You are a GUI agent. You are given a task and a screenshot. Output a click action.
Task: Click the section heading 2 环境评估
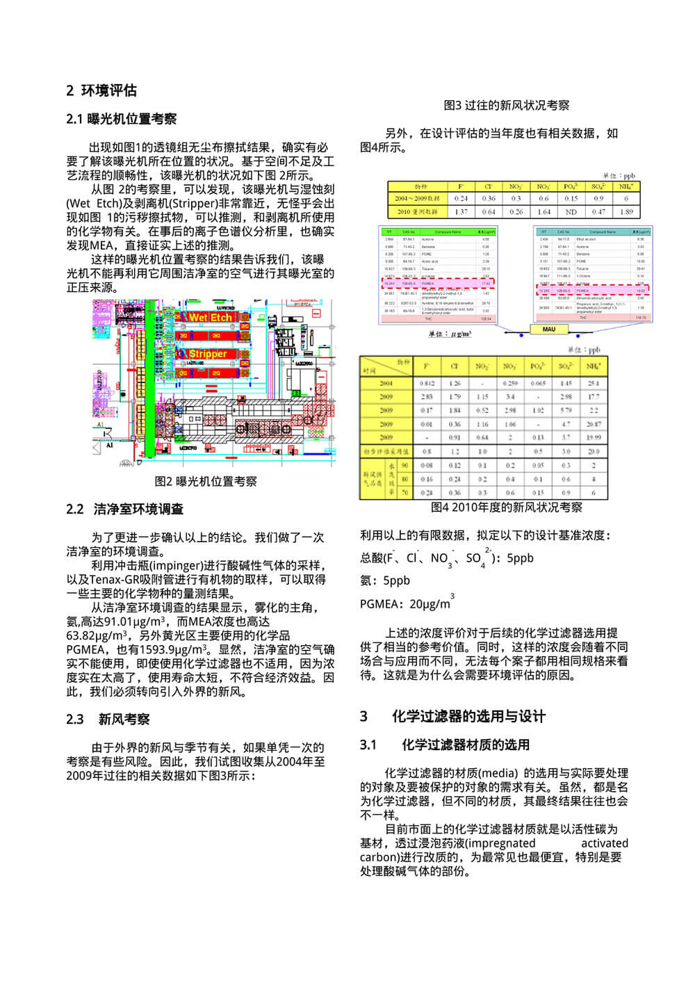[x=101, y=90]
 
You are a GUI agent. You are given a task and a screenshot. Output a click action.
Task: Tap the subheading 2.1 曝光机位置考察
[x=121, y=119]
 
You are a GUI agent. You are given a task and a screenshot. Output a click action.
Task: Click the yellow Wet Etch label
[x=210, y=317]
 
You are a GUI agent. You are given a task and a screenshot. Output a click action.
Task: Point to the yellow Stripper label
[x=208, y=354]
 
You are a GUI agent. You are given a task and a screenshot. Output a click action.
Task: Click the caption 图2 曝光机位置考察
[x=206, y=481]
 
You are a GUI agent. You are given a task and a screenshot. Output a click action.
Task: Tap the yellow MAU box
[x=548, y=329]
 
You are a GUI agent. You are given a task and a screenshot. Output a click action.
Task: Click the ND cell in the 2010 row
[x=571, y=212]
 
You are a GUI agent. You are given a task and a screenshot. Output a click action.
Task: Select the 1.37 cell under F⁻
[x=461, y=212]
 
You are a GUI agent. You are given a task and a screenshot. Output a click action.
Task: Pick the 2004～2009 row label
[x=417, y=199]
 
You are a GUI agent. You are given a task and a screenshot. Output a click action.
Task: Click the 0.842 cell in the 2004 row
[x=427, y=383]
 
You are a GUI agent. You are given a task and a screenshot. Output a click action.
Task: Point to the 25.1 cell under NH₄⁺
[x=594, y=383]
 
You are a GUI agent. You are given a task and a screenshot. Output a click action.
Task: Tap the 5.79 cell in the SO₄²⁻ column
[x=566, y=410]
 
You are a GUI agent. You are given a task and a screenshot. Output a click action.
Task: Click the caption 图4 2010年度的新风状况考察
[x=507, y=507]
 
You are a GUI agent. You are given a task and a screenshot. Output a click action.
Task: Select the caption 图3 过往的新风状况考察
[x=507, y=105]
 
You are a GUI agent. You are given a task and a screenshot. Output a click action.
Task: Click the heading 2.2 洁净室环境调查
[x=125, y=510]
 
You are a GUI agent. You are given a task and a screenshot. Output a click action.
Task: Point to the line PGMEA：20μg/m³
[x=406, y=603]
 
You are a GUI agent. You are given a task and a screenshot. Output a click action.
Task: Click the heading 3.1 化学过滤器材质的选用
[x=445, y=745]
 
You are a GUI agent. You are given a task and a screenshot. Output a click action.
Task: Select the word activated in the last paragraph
[x=604, y=843]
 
